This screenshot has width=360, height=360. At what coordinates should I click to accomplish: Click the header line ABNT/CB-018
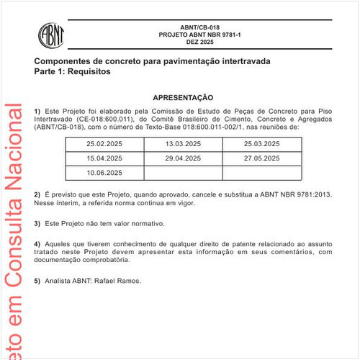[200, 27]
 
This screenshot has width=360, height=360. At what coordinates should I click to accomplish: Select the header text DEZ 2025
[200, 43]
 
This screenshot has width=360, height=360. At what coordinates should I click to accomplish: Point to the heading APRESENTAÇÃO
[184, 97]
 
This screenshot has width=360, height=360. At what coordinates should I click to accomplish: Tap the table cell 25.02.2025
[105, 144]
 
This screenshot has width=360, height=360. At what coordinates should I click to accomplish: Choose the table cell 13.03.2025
[183, 144]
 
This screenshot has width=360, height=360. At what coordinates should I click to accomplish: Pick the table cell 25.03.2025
[261, 144]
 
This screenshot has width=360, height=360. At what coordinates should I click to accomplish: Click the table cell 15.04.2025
[105, 158]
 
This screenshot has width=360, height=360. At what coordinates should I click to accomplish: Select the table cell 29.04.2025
[183, 158]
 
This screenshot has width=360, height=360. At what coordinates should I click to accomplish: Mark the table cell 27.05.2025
[261, 158]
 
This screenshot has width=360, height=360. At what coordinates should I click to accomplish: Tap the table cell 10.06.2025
[105, 173]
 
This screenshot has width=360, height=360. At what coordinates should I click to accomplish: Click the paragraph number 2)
[37, 195]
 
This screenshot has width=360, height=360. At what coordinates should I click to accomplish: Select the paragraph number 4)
[37, 243]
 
